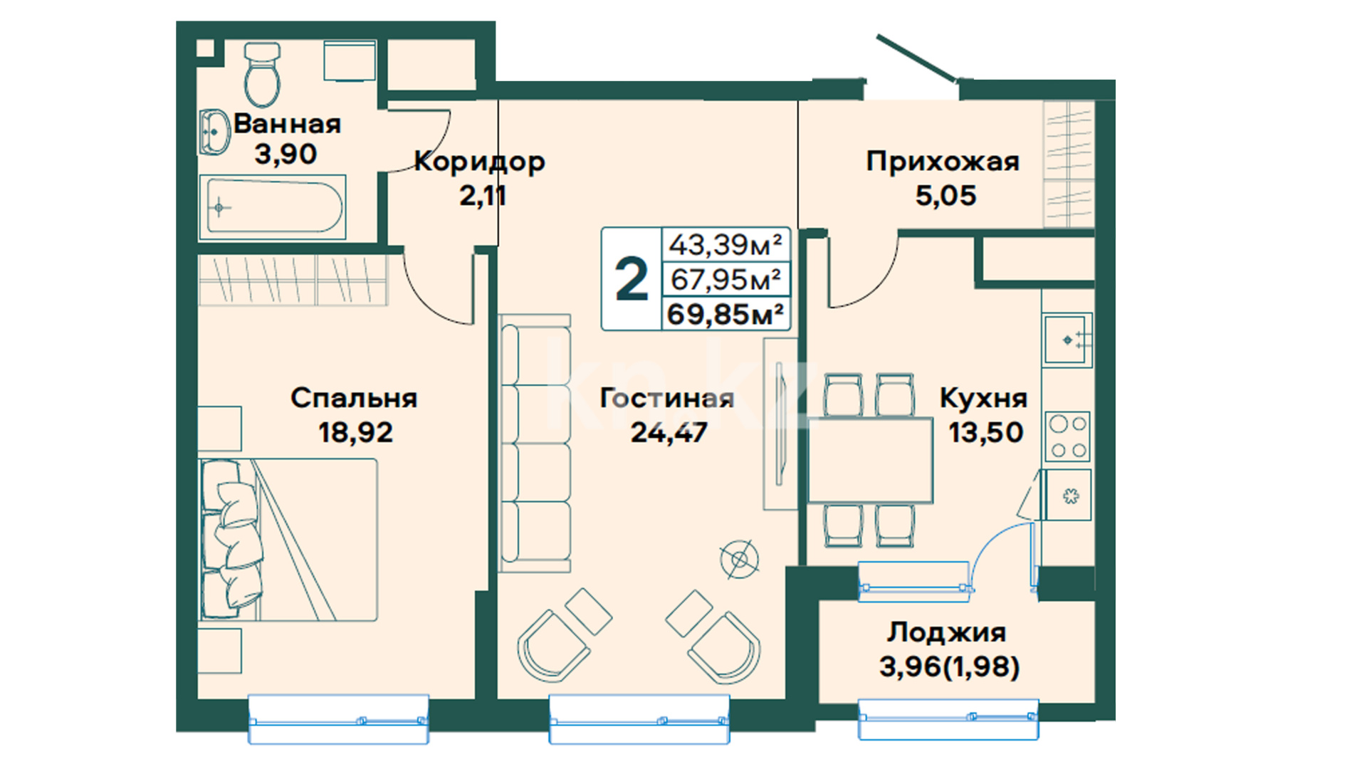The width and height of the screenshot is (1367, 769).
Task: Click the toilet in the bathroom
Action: pos(262,74)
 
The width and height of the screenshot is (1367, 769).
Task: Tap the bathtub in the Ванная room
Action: pos(273,207)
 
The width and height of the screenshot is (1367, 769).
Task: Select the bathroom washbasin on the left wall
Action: pos(214,132)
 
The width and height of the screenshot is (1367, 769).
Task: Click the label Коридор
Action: pos(479,162)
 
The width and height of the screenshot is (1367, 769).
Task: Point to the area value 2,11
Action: pos(482,195)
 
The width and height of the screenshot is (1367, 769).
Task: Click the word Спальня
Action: pos(354,398)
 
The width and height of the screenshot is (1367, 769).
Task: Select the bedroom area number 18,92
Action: pos(355,432)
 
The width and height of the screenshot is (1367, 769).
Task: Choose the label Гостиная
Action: pos(666,398)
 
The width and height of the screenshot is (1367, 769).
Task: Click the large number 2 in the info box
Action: pos(632,279)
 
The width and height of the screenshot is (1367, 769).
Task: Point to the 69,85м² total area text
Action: pos(726,314)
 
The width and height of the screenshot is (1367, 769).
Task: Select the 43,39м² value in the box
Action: pos(726,245)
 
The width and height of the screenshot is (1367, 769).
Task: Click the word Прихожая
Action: pos(943,162)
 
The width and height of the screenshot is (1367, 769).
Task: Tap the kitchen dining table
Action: pos(870,461)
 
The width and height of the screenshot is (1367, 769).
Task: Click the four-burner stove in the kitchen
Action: pos(1068,436)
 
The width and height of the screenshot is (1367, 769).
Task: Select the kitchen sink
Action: pos(1067,340)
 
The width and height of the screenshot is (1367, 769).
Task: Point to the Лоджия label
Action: pos(946,632)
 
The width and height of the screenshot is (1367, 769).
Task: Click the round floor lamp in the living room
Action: pos(740,560)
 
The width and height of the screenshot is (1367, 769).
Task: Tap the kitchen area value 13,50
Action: pos(986,432)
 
